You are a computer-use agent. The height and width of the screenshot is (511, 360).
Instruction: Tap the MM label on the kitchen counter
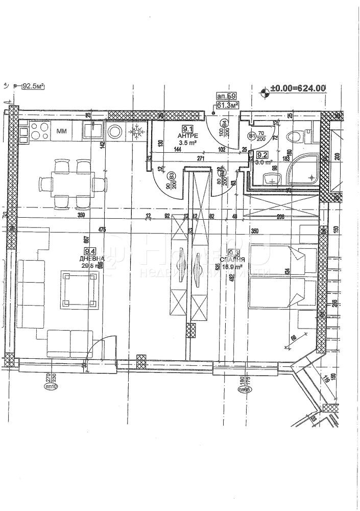coord(61,131)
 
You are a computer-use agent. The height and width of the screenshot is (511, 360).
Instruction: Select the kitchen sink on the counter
coord(93,131)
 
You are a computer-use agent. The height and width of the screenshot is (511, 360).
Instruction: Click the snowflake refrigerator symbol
coord(136,131)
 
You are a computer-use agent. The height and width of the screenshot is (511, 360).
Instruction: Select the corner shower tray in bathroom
coord(302,169)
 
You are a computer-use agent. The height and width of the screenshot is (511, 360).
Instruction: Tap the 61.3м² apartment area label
coord(228,105)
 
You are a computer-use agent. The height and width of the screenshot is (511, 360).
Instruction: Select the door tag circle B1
coord(251,136)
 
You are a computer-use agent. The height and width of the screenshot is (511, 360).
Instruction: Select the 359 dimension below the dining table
coord(81,216)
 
